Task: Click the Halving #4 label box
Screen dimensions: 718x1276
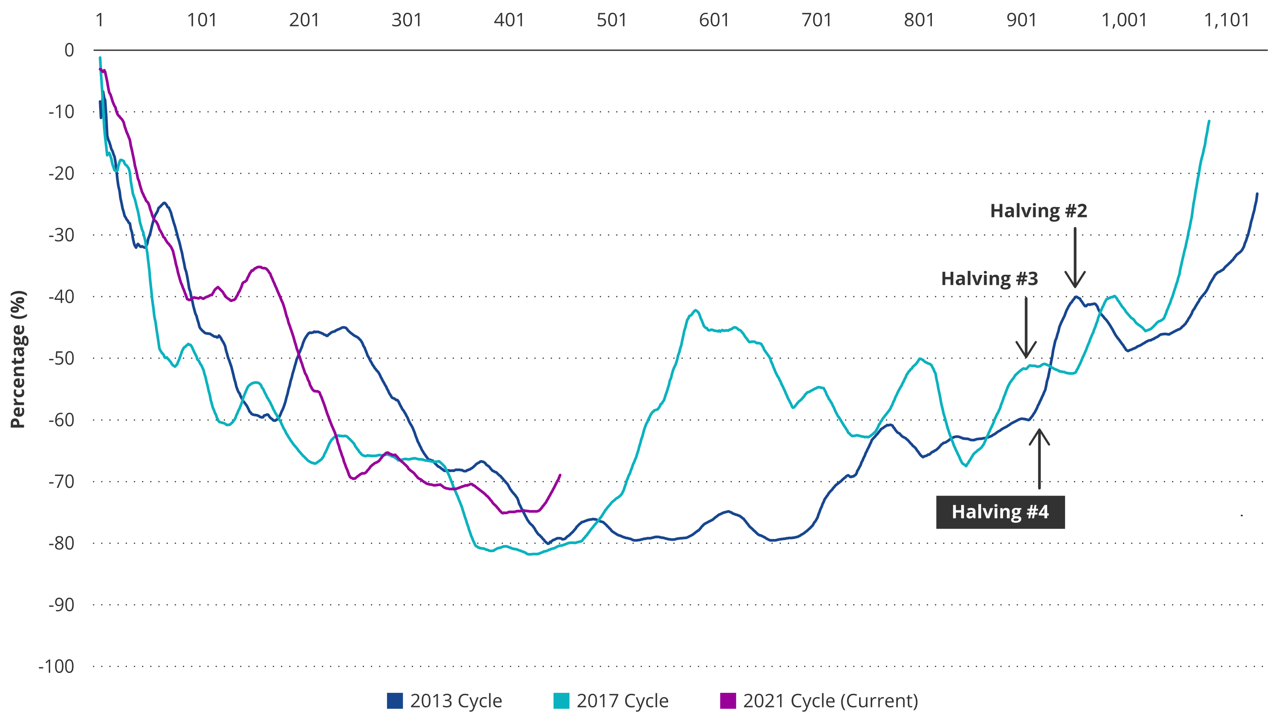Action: pyautogui.click(x=1000, y=512)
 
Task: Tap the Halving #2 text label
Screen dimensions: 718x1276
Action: pyautogui.click(x=1038, y=211)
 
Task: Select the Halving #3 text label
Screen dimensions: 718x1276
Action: pyautogui.click(x=989, y=279)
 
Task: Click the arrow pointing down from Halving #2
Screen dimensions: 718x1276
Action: pyautogui.click(x=1075, y=258)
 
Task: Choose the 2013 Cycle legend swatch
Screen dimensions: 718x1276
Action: pyautogui.click(x=395, y=701)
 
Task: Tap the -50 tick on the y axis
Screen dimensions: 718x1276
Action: pyautogui.click(x=61, y=358)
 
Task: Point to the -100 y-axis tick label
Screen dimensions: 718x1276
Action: pyautogui.click(x=57, y=667)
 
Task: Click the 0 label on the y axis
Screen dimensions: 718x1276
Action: pyautogui.click(x=69, y=50)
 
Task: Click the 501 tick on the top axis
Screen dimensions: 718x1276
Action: pyautogui.click(x=612, y=20)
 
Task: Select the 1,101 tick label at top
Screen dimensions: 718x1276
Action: pyautogui.click(x=1226, y=20)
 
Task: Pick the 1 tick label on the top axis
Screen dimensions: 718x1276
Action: pyautogui.click(x=100, y=20)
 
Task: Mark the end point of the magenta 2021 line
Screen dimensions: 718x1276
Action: pyautogui.click(x=560, y=475)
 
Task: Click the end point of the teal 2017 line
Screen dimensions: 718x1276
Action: pyautogui.click(x=1209, y=121)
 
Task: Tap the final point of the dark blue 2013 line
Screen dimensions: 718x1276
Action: pyautogui.click(x=1257, y=194)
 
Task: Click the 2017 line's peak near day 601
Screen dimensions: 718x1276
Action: pyautogui.click(x=696, y=310)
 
